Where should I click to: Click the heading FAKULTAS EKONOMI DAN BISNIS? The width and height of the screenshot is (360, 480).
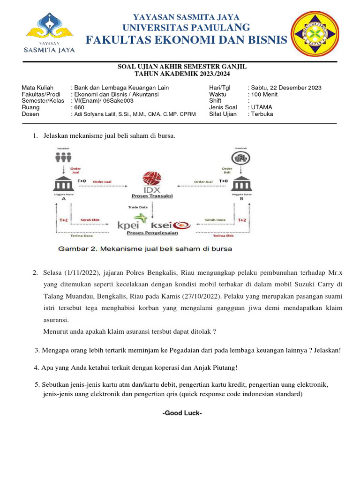[186, 41]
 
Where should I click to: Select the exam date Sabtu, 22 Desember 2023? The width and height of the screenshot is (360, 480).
[286, 88]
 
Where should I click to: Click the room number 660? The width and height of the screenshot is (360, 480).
[79, 107]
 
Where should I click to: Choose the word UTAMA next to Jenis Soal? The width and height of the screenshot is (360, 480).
[262, 107]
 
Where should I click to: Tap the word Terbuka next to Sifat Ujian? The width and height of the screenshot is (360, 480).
[262, 114]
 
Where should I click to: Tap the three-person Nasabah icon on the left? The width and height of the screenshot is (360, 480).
[63, 158]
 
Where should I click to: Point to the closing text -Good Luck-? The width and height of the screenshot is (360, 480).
[181, 413]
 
